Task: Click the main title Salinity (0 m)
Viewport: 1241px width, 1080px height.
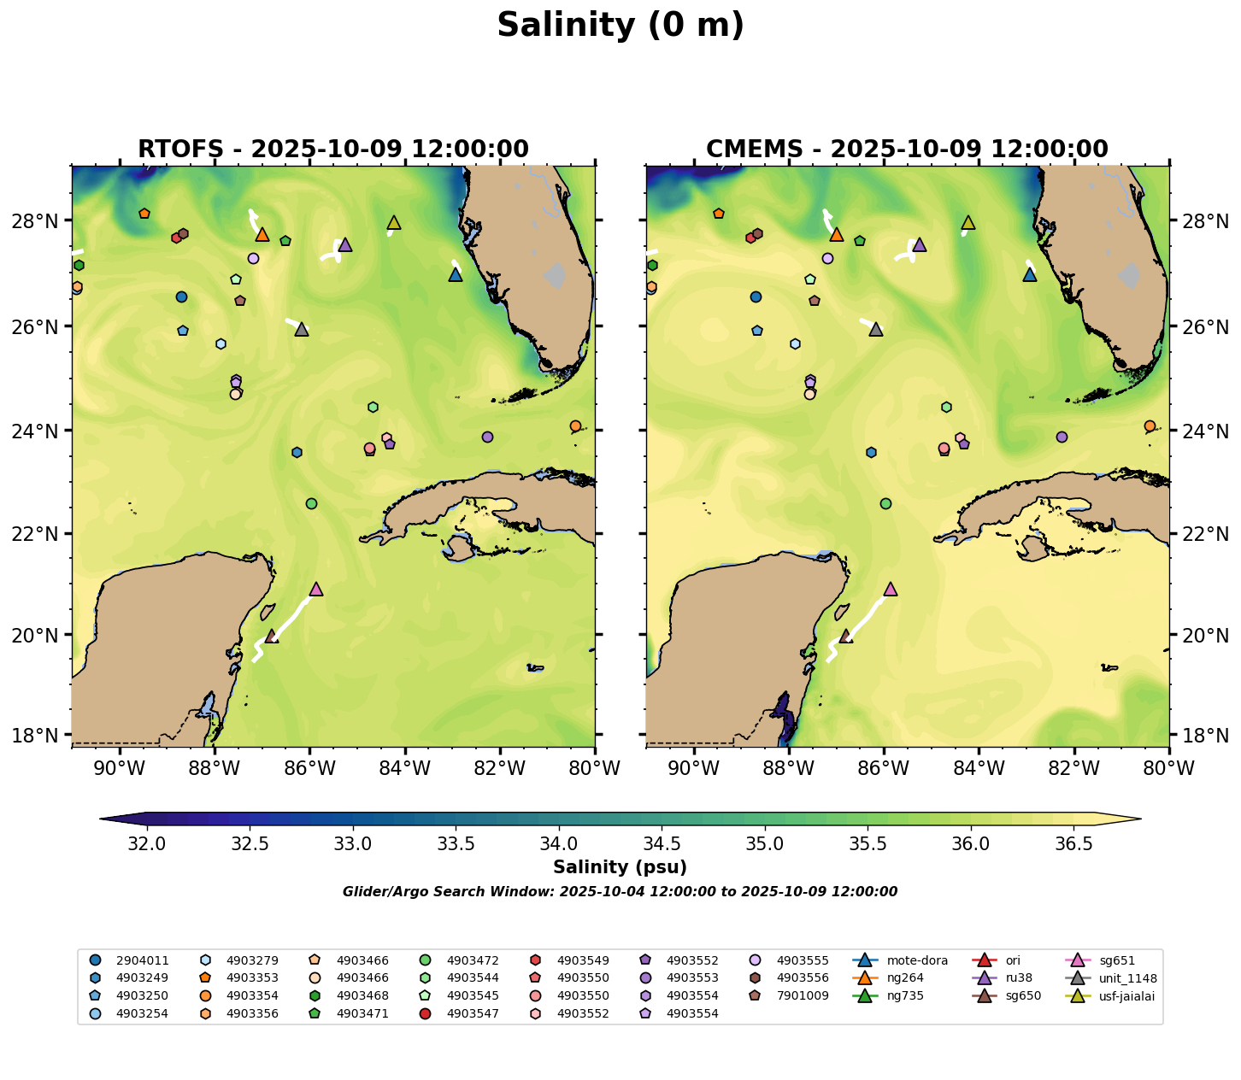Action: pyautogui.click(x=620, y=26)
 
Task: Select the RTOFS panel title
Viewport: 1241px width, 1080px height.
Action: pyautogui.click(x=333, y=150)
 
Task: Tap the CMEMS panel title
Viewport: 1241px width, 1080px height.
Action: pyautogui.click(x=907, y=150)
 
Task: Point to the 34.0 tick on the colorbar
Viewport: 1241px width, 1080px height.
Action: pyautogui.click(x=559, y=844)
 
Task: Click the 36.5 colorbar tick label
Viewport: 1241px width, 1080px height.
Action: pyautogui.click(x=1073, y=844)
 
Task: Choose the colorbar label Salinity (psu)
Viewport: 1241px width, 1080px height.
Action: pyautogui.click(x=620, y=868)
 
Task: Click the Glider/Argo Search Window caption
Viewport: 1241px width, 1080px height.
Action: pyautogui.click(x=620, y=892)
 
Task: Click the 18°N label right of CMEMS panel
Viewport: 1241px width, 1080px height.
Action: pyautogui.click(x=1205, y=735)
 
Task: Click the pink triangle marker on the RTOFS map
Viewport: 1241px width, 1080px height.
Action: pyautogui.click(x=316, y=589)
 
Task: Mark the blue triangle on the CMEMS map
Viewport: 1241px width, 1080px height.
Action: pyautogui.click(x=1030, y=274)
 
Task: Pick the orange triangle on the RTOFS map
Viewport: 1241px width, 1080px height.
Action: pyautogui.click(x=262, y=234)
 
